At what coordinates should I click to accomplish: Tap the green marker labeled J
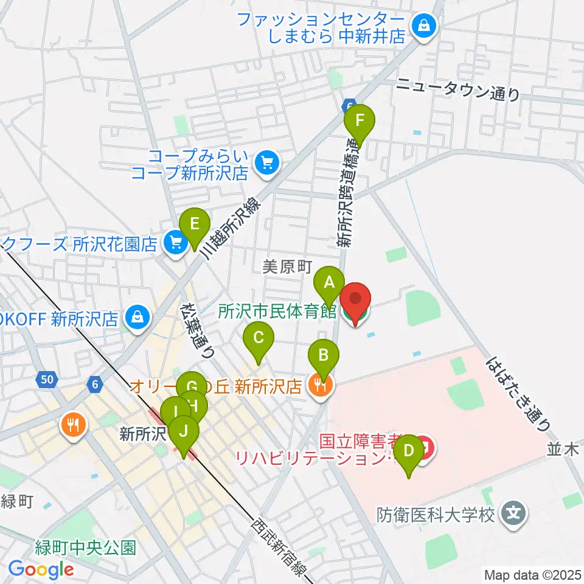(183, 433)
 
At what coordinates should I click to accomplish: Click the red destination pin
(355, 302)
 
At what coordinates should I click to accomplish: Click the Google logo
(41, 569)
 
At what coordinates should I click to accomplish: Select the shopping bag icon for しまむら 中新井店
(422, 26)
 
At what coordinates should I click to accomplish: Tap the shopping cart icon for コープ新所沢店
(266, 162)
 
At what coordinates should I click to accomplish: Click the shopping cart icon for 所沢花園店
(175, 243)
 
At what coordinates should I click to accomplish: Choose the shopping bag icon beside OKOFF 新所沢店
(138, 316)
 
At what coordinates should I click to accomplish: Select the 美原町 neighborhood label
(287, 266)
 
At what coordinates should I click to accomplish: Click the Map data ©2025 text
(532, 574)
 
